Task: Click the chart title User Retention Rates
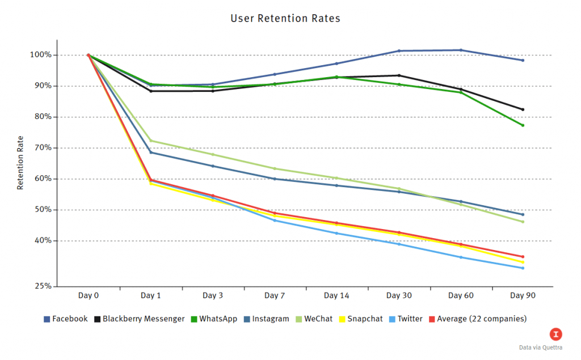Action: [x=285, y=18]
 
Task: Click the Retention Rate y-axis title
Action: [x=20, y=163]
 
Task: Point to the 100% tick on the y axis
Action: [x=41, y=55]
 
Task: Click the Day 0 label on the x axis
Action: [x=89, y=296]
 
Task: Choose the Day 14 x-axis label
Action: [x=336, y=296]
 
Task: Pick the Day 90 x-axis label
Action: [x=523, y=296]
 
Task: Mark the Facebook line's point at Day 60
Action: [x=461, y=50]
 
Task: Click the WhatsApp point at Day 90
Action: [x=523, y=125]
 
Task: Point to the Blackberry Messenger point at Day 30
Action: [x=399, y=75]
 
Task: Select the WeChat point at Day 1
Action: [x=151, y=141]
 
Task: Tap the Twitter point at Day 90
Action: [x=523, y=268]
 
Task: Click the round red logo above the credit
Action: [x=557, y=333]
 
